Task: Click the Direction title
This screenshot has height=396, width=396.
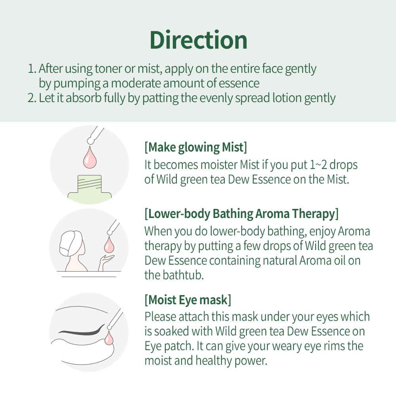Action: pos(199,40)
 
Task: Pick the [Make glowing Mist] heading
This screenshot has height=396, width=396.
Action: pos(196,147)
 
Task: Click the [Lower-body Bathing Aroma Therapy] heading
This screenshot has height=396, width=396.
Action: pos(241,214)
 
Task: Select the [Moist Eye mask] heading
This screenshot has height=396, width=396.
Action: pos(188,300)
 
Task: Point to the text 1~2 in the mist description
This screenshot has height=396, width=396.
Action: pos(318,165)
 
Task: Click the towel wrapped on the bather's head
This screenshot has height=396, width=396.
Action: pos(70,242)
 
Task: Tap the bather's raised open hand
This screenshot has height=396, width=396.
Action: pos(106,261)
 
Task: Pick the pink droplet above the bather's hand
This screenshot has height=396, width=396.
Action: pos(109,244)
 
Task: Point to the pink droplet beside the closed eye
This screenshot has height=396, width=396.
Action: pos(109,339)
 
